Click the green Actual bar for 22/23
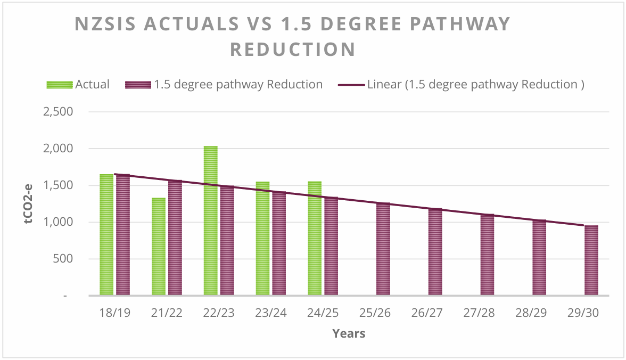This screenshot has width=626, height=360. coord(210,220)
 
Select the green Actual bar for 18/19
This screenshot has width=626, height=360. coord(106,235)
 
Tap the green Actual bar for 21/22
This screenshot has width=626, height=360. coord(159,247)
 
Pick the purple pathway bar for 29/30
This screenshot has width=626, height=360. coord(591,260)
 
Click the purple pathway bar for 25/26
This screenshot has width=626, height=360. coord(383,249)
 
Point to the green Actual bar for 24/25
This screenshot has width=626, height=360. coord(315,238)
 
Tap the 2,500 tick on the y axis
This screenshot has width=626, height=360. coord(58,112)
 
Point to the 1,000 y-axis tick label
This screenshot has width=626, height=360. coord(58,223)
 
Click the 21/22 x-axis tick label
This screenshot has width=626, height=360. coord(167,313)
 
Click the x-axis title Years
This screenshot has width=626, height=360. coord(349,334)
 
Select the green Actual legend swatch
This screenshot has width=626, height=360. coord(60,85)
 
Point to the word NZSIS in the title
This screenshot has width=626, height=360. coord(107,24)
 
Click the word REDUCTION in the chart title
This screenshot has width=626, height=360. coord(293,50)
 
